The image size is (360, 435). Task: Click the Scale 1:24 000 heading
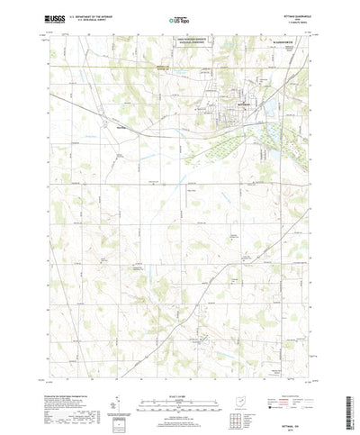(x=180, y=391)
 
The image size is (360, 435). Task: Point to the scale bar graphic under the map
(x=180, y=399)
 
